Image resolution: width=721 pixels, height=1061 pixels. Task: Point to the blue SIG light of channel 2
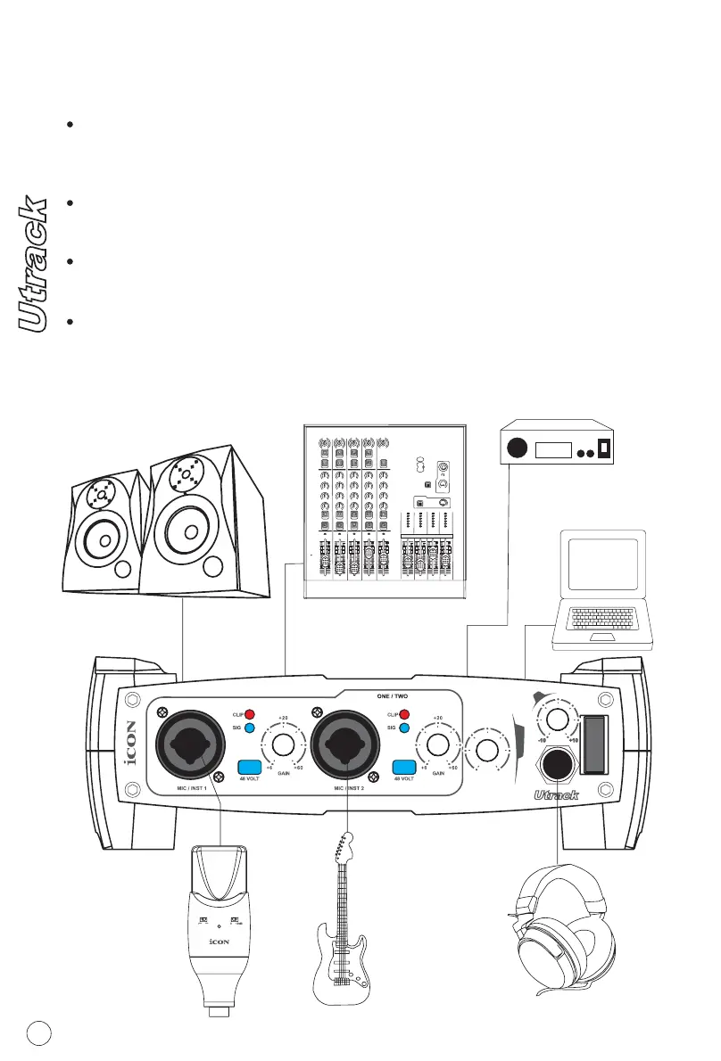pos(406,728)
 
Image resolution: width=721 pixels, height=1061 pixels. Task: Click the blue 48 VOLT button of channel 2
pos(403,766)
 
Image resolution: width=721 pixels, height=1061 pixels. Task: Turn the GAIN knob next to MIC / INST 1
pos(284,745)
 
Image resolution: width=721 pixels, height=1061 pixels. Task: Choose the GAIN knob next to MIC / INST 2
pos(437,745)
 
